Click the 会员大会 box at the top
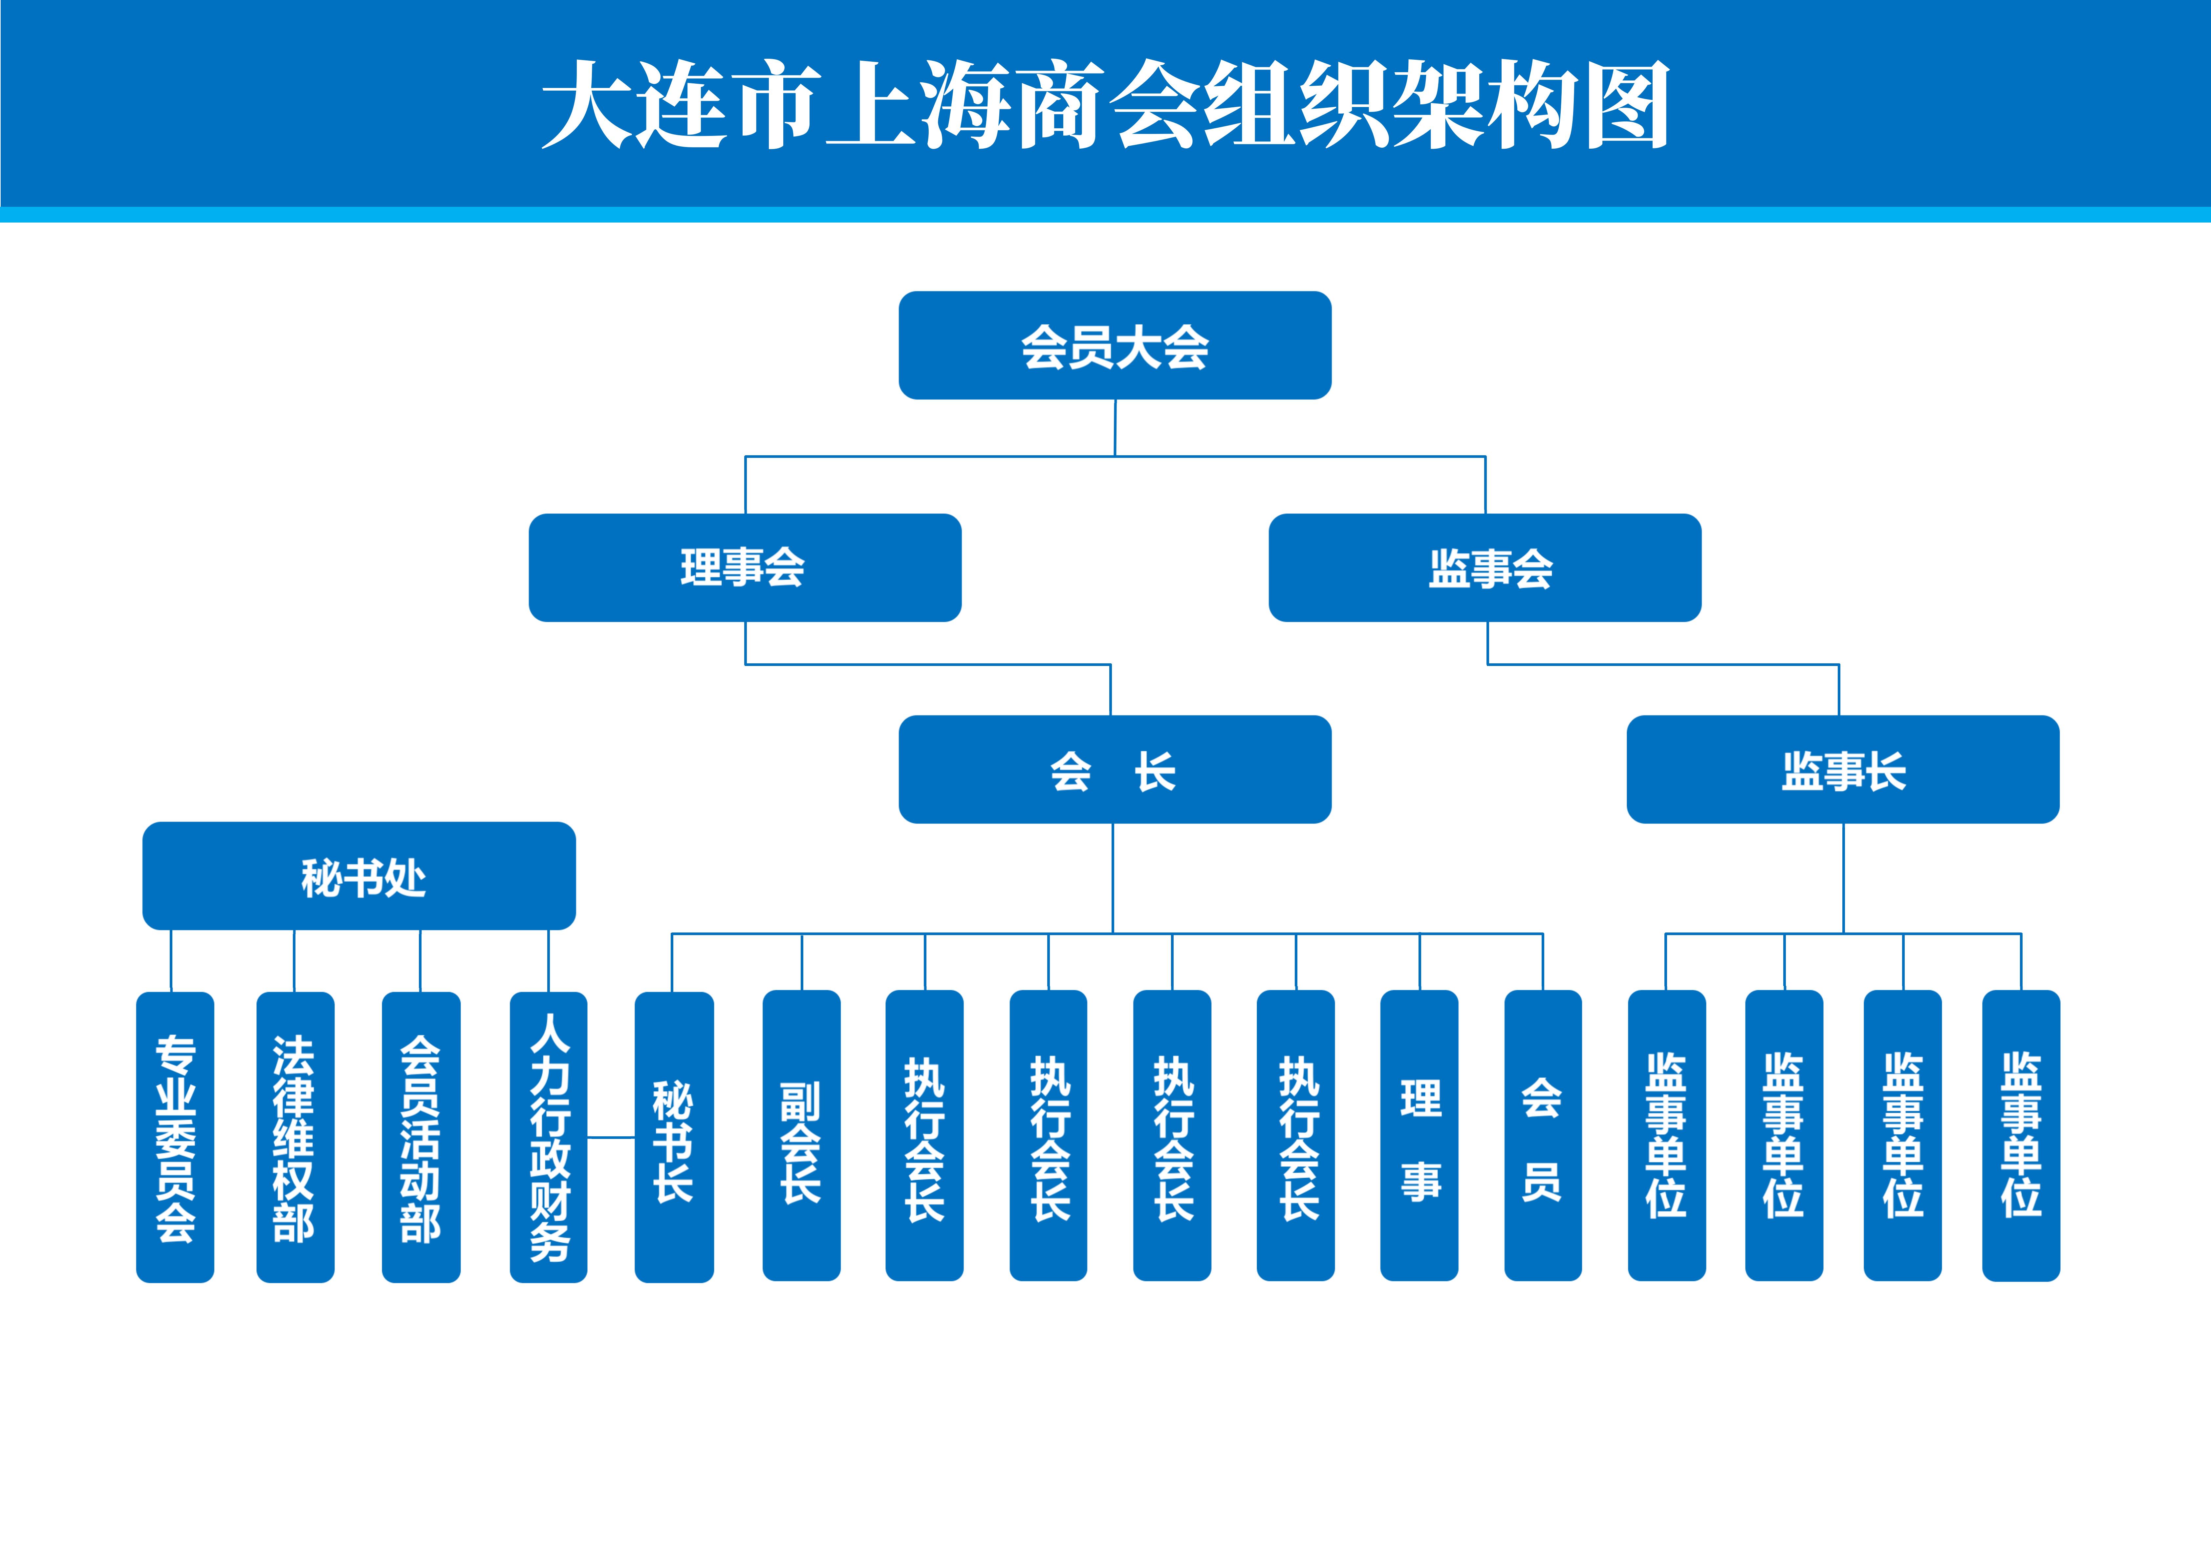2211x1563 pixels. click(1114, 345)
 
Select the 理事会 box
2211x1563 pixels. click(744, 567)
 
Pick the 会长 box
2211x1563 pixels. click(1114, 769)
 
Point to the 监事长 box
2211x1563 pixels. click(1842, 769)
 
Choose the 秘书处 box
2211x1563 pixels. click(359, 875)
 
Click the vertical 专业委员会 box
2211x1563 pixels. click(175, 1136)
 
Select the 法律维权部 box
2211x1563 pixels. click(295, 1136)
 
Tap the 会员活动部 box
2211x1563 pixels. click(421, 1136)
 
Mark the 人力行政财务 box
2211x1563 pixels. click(548, 1136)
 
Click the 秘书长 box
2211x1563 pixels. click(674, 1136)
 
